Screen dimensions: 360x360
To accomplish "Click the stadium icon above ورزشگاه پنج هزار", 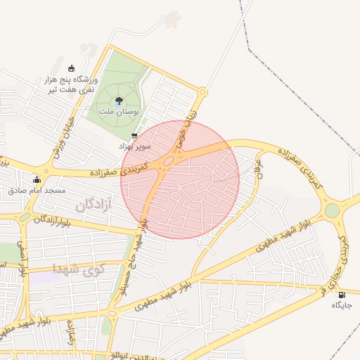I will pyautogui.click(x=70, y=68).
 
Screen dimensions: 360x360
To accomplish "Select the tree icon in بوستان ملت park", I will pyautogui.click(x=118, y=101).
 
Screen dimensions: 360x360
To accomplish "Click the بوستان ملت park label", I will pyautogui.click(x=117, y=112).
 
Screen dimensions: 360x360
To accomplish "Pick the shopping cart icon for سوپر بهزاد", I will pyautogui.click(x=134, y=136).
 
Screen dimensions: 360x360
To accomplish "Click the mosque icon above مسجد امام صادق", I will pyautogui.click(x=37, y=179).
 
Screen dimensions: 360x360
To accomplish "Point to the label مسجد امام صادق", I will pyautogui.click(x=37, y=190).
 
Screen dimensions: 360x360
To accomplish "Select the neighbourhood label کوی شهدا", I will pyautogui.click(x=78, y=267).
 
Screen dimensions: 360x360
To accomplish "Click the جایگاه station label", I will pyautogui.click(x=341, y=305).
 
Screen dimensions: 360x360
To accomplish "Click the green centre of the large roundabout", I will pyautogui.click(x=332, y=210).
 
